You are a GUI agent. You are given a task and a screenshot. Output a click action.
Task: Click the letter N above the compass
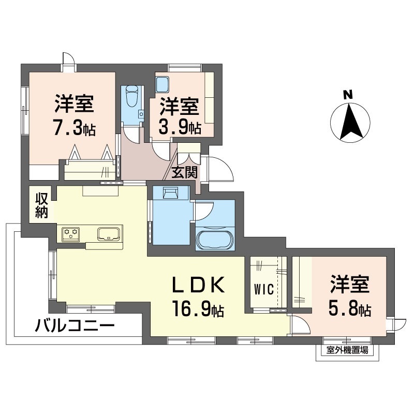(x=348, y=94)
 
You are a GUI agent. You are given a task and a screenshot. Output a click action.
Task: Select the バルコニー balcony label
(x=75, y=326)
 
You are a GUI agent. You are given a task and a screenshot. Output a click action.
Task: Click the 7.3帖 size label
(x=75, y=128)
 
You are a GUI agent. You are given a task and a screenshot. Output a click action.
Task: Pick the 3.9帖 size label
(x=180, y=127)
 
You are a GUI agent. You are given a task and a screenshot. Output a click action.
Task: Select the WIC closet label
(x=263, y=289)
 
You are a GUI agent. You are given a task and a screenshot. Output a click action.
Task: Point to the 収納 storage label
(x=42, y=205)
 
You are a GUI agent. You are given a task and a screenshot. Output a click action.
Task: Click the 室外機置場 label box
(x=347, y=351)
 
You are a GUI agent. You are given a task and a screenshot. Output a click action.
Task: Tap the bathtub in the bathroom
(x=215, y=239)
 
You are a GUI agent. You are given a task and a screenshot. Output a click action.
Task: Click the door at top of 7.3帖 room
(x=68, y=61)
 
